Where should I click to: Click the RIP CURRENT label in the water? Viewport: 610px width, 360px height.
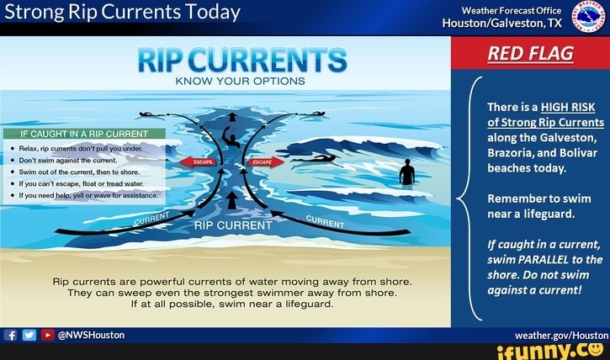(233, 225)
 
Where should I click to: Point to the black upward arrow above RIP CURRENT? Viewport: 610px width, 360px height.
(232, 199)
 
